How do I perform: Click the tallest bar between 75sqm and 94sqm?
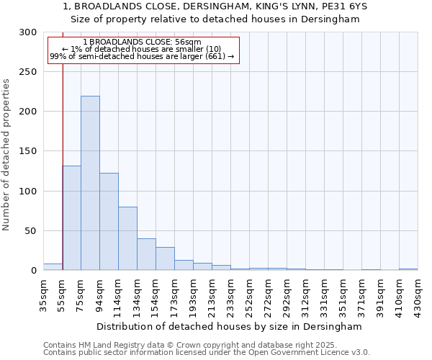(x=90, y=183)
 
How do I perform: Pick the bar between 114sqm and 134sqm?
(x=127, y=238)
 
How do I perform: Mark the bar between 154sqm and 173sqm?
(x=165, y=258)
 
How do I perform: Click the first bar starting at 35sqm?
(x=53, y=267)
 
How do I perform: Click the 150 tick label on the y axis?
(x=28, y=152)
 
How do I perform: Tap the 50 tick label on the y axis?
(x=31, y=231)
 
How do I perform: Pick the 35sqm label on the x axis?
(x=43, y=296)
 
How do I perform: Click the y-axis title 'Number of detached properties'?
(x=6, y=155)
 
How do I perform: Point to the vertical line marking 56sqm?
(x=63, y=144)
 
